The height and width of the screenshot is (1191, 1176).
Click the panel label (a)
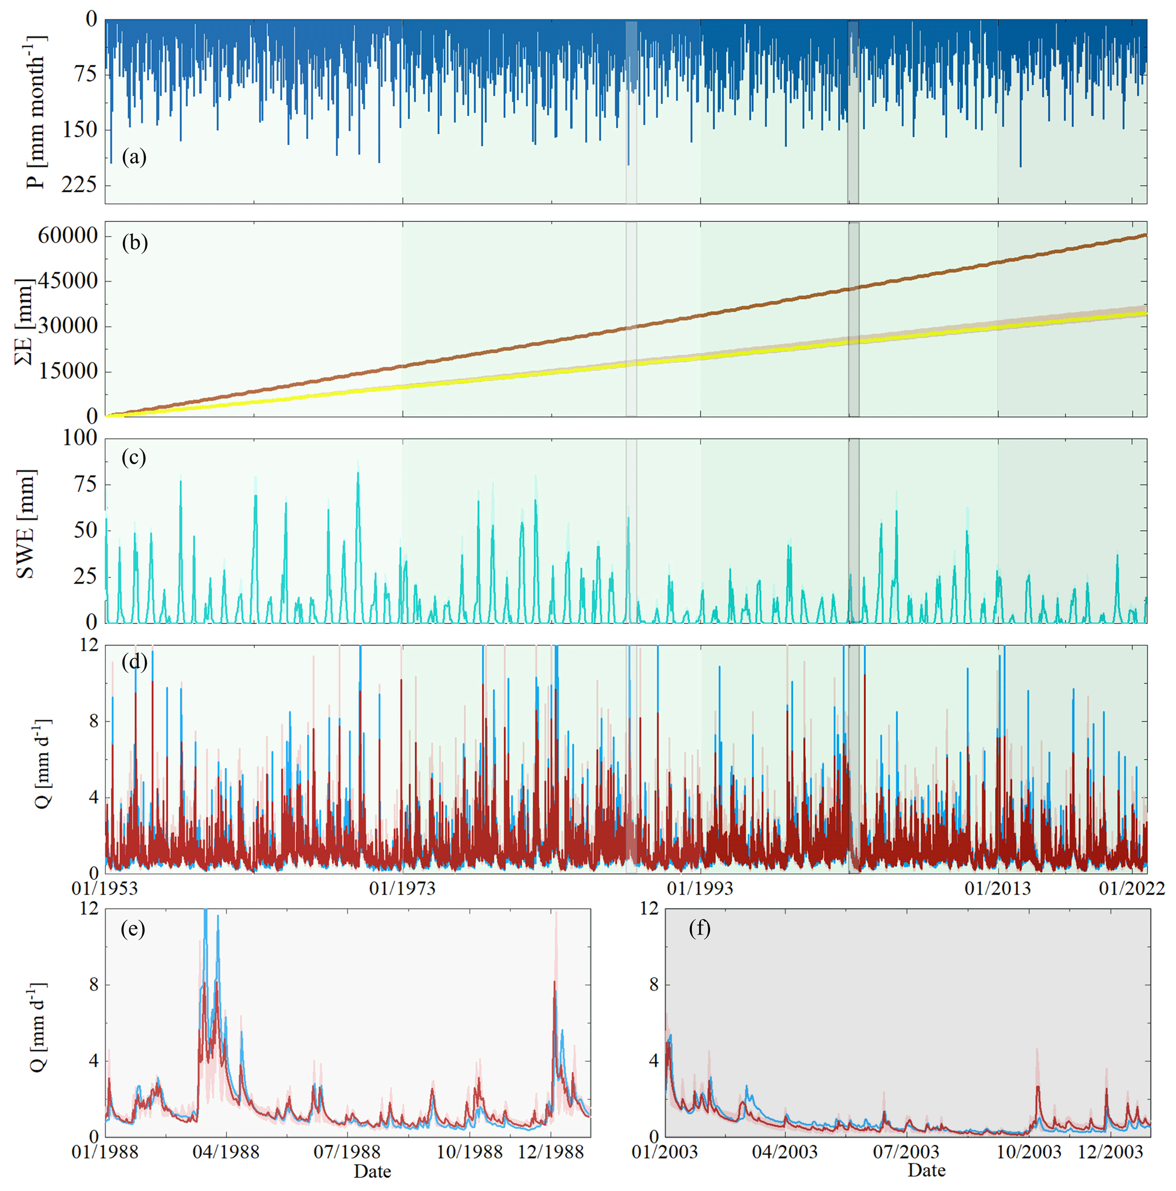(134, 157)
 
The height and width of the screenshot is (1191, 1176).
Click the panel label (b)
(134, 242)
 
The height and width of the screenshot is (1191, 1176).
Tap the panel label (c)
(134, 457)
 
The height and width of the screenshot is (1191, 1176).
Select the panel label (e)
(133, 928)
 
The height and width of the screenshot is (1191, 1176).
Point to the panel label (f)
(699, 928)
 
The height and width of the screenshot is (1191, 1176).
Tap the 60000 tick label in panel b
(67, 235)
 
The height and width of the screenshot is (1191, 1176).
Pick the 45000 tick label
(67, 281)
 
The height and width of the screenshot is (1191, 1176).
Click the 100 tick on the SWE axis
(80, 438)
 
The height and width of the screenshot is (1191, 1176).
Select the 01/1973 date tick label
(402, 888)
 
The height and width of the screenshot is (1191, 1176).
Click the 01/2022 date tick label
(1132, 888)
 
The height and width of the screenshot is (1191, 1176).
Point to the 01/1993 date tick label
(700, 888)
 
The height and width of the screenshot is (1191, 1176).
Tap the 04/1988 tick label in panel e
(226, 1152)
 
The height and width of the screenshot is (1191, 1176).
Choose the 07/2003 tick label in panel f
(905, 1152)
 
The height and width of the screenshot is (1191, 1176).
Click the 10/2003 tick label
(1029, 1152)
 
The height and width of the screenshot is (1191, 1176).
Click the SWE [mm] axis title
(26, 524)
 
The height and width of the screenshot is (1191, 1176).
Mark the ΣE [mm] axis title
(24, 321)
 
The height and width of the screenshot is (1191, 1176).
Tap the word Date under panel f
(926, 1170)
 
